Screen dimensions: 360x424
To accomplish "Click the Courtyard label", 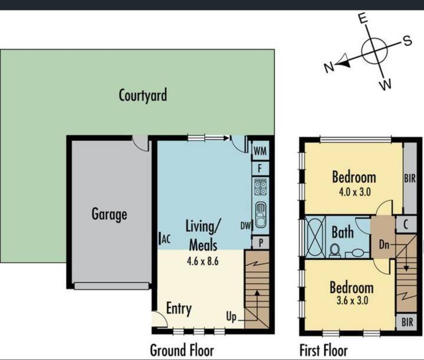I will point(143,95).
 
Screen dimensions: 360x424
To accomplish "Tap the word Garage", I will point(109,214).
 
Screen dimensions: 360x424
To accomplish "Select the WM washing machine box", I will point(260,151).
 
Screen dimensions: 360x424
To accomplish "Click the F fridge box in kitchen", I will point(260,169).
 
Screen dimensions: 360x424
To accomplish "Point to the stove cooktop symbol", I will point(260,187).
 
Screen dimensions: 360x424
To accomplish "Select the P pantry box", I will point(260,242).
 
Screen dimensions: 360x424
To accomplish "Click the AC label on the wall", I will point(166,239).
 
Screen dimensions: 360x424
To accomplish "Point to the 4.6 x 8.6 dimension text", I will point(202,262).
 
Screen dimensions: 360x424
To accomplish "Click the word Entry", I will point(179,308).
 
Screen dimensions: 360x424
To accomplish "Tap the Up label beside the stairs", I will point(232,318).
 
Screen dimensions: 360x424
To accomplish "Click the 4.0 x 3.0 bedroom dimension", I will point(353,191).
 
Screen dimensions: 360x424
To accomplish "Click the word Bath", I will point(343,232).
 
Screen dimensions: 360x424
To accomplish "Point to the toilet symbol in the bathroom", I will point(336,250).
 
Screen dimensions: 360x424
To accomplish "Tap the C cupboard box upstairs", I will point(406,224).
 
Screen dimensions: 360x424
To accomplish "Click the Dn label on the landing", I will point(384,243).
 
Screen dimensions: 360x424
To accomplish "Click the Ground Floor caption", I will point(182,349).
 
